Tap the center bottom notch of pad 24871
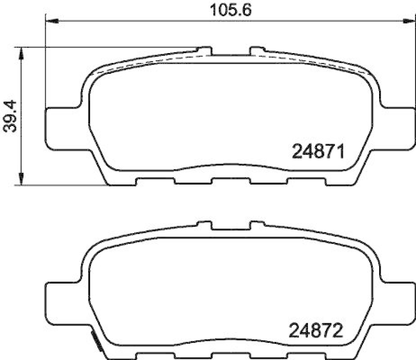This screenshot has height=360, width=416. [231, 181]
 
